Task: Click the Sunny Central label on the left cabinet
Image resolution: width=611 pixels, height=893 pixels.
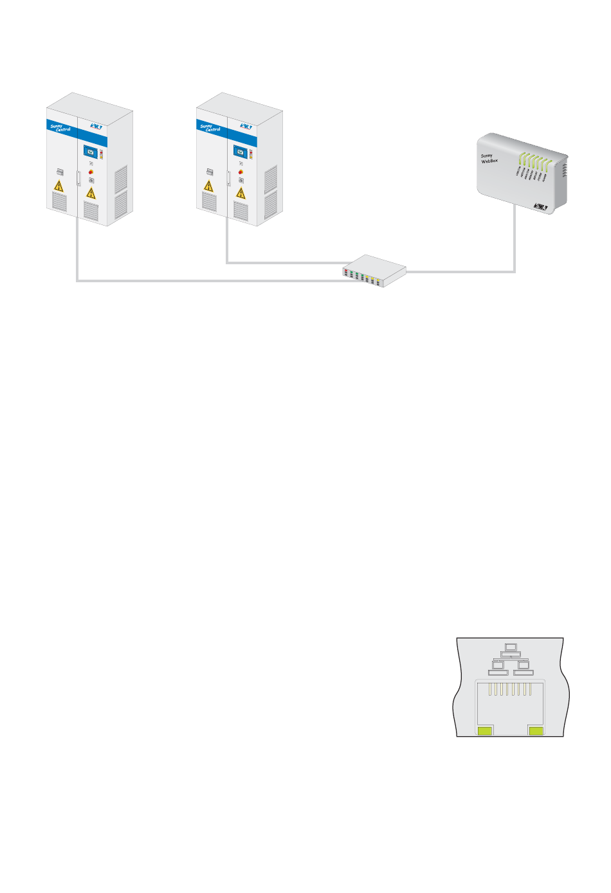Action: coord(60,128)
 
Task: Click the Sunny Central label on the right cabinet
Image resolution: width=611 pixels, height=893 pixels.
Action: coord(210,128)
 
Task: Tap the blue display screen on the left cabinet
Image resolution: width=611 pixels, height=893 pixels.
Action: coord(91,152)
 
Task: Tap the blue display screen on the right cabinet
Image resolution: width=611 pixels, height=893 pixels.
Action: coord(241,152)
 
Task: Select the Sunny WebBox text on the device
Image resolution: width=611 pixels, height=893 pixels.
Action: coord(489,158)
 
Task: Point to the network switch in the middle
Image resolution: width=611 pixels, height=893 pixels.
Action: coord(374,271)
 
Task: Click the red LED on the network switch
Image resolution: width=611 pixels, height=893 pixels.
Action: coord(346,273)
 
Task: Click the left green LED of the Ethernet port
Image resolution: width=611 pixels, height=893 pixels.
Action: coord(485,730)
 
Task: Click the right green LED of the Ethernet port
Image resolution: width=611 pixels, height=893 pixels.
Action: coord(536,730)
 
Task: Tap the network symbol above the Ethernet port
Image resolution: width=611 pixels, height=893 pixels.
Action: coord(511,659)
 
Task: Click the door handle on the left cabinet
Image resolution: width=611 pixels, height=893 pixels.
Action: coord(78,178)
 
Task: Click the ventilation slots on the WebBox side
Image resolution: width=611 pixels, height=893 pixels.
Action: coord(566,170)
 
